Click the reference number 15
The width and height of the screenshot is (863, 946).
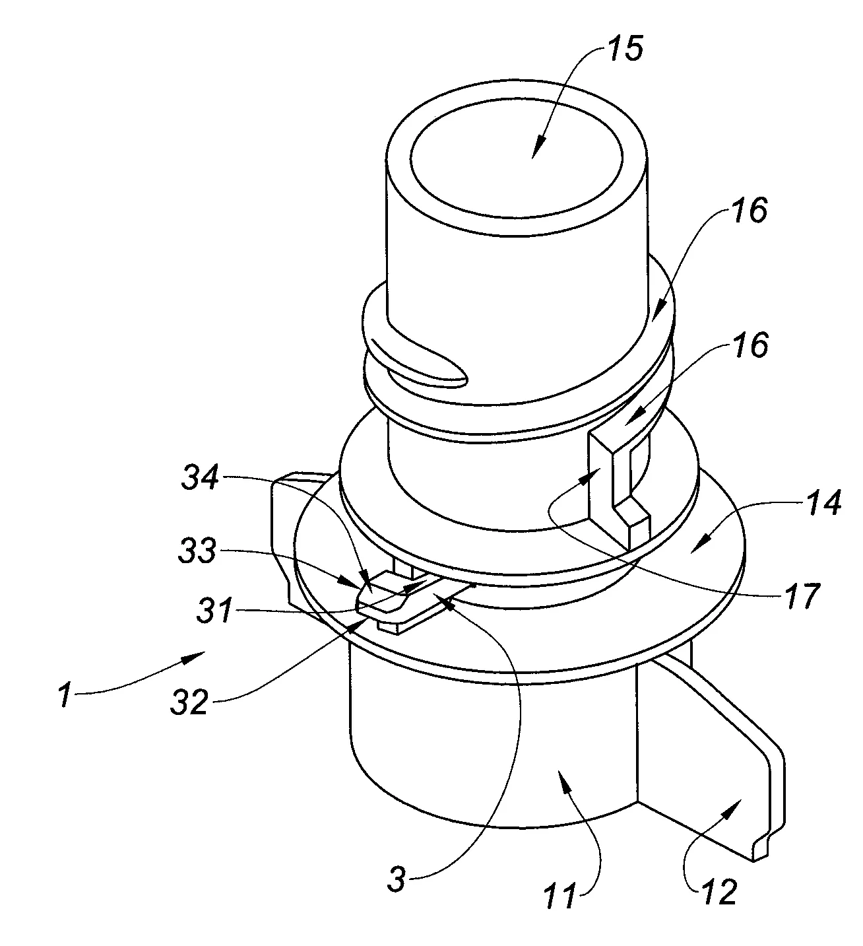[625, 50]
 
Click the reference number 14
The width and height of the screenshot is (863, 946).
[823, 503]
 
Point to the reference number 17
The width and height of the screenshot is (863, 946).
[804, 595]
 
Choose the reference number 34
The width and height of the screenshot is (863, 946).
[201, 480]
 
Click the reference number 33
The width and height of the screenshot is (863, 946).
[197, 551]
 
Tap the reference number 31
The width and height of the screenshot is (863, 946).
[214, 610]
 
